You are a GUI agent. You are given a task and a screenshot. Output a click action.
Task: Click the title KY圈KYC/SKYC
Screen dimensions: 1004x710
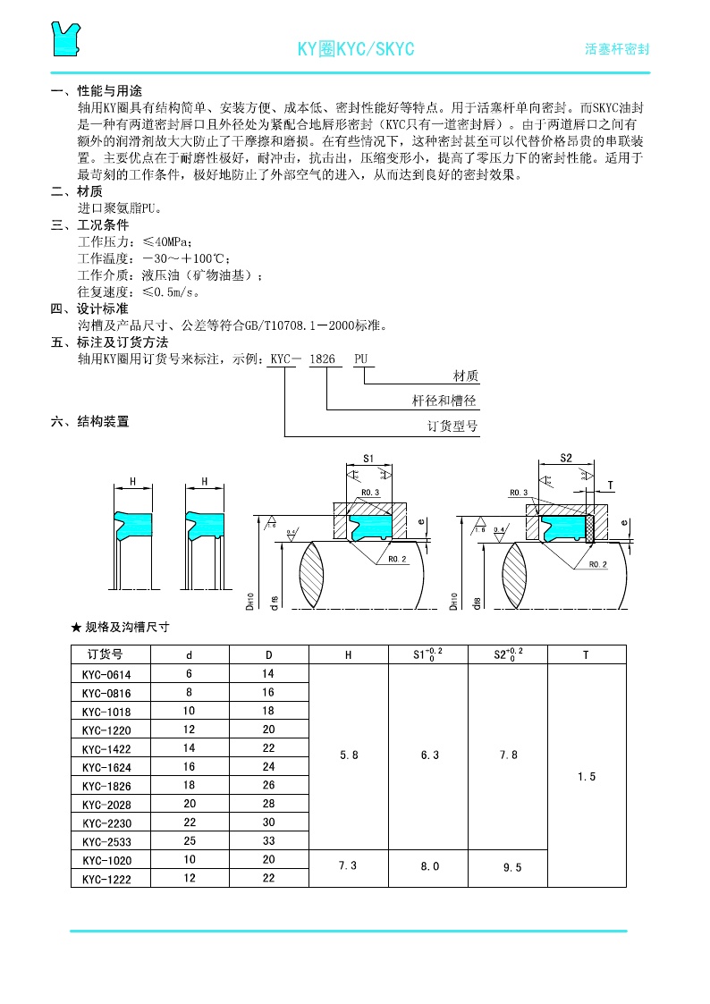(x=355, y=49)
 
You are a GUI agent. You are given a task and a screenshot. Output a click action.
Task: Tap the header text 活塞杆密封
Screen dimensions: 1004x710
(x=616, y=49)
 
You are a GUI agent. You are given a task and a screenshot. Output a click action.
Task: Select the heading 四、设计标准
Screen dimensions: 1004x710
(x=89, y=309)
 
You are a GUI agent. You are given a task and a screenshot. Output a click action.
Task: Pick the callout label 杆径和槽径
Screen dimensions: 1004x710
(x=444, y=401)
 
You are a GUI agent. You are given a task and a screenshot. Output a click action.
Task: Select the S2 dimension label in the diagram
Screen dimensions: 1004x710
(x=565, y=457)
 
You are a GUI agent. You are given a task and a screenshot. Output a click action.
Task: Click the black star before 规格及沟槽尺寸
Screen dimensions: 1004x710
(x=76, y=627)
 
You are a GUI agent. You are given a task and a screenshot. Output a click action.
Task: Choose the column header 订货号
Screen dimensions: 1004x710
(x=105, y=654)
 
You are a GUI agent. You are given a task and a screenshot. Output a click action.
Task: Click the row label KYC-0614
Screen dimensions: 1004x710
(x=106, y=673)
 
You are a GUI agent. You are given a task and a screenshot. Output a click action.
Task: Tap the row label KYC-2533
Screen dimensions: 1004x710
(x=106, y=841)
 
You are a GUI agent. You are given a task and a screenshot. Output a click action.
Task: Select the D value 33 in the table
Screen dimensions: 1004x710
(x=268, y=841)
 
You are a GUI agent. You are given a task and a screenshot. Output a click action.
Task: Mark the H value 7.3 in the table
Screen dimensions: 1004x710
(x=349, y=865)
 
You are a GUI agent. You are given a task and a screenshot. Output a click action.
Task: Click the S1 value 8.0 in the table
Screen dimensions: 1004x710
(x=429, y=865)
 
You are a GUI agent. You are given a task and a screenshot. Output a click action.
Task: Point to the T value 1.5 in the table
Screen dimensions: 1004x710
(x=587, y=777)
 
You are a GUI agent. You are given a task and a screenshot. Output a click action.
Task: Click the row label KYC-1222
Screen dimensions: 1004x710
(x=106, y=879)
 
